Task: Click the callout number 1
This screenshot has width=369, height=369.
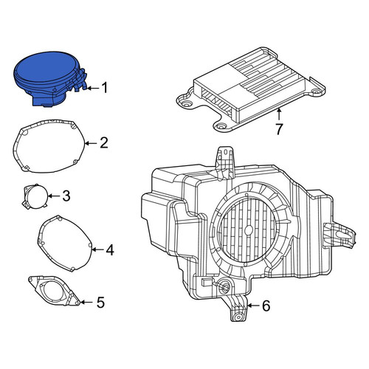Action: pyautogui.click(x=105, y=88)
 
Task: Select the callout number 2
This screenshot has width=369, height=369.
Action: pyautogui.click(x=104, y=142)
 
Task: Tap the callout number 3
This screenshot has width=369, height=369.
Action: pyautogui.click(x=66, y=196)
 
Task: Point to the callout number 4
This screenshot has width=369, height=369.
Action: pyautogui.click(x=109, y=250)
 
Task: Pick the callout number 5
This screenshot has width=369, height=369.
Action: pyautogui.click(x=100, y=302)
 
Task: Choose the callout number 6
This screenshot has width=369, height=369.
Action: pyautogui.click(x=266, y=306)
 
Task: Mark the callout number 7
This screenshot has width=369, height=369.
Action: pyautogui.click(x=278, y=129)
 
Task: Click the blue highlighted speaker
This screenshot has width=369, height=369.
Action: pyautogui.click(x=50, y=79)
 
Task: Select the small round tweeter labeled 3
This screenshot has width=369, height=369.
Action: pyautogui.click(x=35, y=197)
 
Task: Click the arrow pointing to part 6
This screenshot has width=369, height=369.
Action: pyautogui.click(x=253, y=306)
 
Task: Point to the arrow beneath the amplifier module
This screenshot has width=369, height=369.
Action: pyautogui.click(x=279, y=115)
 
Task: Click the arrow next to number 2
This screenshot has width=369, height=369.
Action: pyautogui.click(x=91, y=143)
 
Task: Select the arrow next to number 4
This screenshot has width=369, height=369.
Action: pyautogui.click(x=97, y=250)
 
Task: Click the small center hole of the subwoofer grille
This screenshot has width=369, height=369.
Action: pyautogui.click(x=249, y=230)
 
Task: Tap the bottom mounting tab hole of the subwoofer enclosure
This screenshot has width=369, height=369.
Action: pyautogui.click(x=238, y=317)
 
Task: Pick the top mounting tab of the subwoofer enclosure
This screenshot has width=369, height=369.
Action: pyautogui.click(x=225, y=156)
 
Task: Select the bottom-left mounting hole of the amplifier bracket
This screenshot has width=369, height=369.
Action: pyautogui.click(x=220, y=126)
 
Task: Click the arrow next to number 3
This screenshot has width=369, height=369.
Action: pyautogui.click(x=54, y=196)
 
